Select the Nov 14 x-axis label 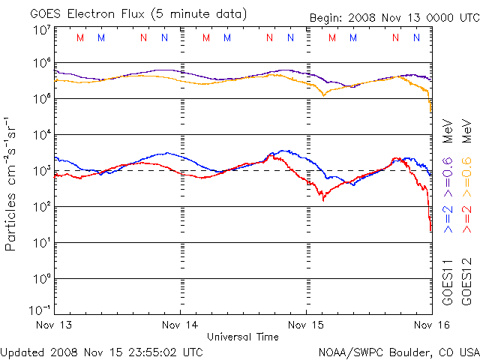click(x=180, y=325)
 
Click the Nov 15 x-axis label click(x=307, y=325)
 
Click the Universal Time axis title click(x=242, y=337)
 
